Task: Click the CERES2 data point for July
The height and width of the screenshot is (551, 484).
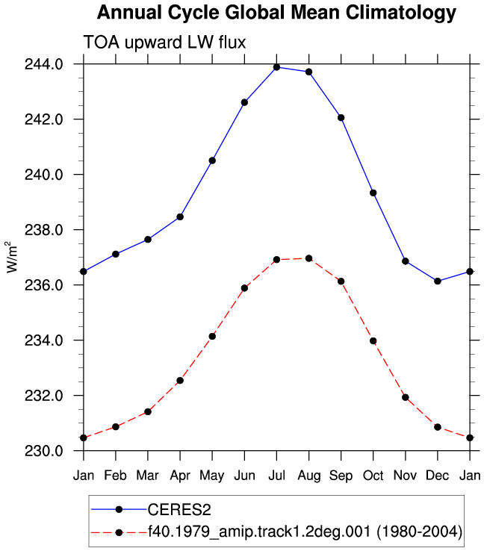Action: coord(276,67)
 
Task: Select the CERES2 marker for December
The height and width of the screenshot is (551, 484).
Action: coord(438,281)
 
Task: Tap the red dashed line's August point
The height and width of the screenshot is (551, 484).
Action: coord(309,258)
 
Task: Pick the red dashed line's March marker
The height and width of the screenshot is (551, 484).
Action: coord(148,411)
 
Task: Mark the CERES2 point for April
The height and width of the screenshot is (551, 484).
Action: coord(180,217)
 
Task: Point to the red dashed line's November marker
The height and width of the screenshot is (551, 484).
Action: coord(406,397)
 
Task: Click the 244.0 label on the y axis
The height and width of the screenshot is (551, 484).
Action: coord(43,64)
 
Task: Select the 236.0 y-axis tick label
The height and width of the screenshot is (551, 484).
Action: coord(43,285)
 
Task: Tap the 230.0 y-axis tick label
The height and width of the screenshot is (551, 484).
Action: coord(43,451)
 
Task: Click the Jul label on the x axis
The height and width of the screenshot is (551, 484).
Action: coord(276,476)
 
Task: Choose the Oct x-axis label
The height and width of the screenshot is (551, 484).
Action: coord(373,476)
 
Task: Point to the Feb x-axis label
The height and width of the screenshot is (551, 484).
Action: coord(115,476)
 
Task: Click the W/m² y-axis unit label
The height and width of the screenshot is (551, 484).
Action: coord(12,257)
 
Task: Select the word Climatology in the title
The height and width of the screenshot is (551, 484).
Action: coord(400,13)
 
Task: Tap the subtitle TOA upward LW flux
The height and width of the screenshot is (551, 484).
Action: coord(164,43)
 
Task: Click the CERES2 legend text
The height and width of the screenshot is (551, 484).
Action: coord(179,509)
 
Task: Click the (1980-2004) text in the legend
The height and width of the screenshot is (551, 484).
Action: coord(419,532)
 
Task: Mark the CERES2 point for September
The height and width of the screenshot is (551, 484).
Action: coord(341,118)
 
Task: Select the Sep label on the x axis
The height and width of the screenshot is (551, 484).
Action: coord(341,476)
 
